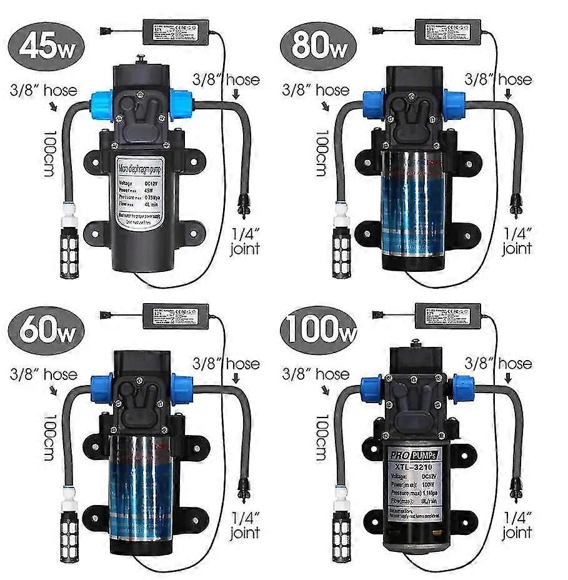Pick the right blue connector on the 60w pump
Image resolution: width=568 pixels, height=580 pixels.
(x=182, y=388)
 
